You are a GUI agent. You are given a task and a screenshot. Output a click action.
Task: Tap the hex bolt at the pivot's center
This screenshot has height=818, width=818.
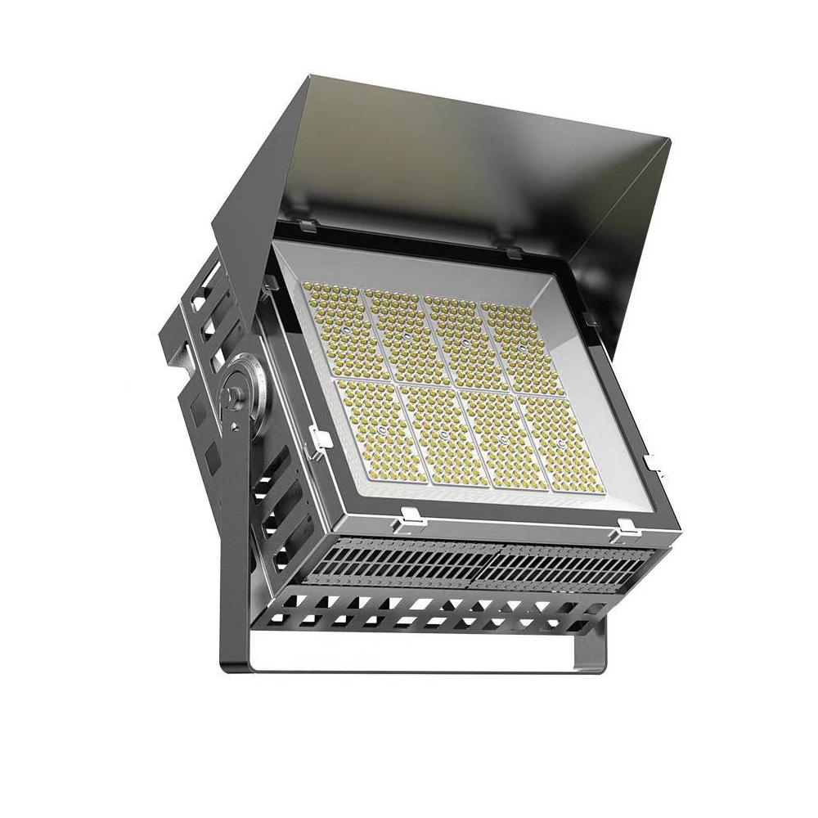click(236, 398)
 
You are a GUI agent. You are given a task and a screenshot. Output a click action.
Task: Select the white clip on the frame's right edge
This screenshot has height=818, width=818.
click(652, 464)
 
